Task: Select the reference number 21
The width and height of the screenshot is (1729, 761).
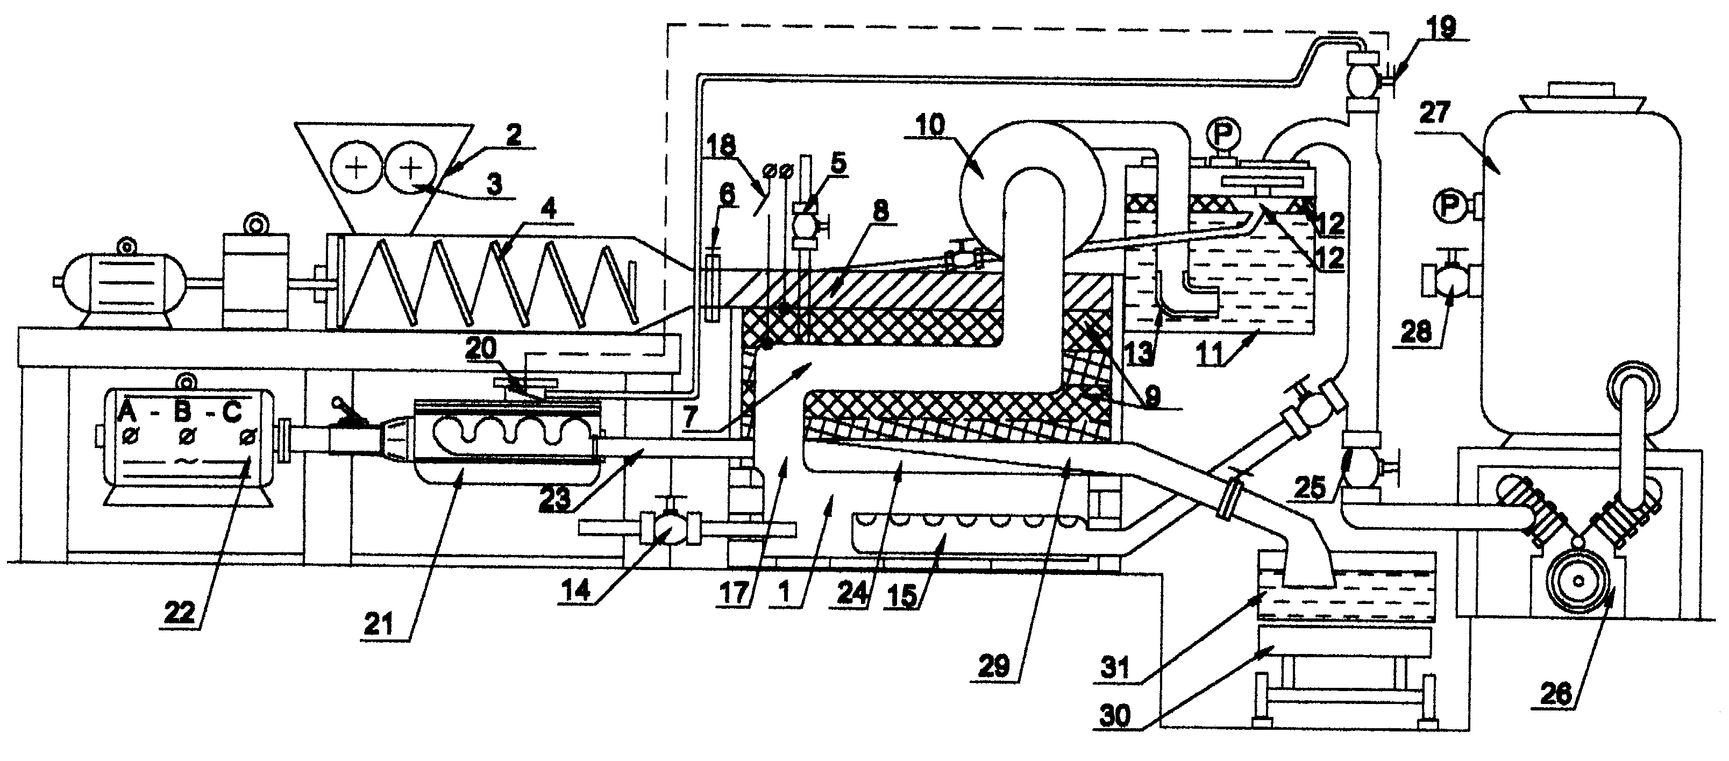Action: coord(379,624)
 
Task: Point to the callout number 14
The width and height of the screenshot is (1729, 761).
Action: coord(577,590)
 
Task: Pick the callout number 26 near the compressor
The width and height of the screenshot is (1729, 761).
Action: coord(1556,693)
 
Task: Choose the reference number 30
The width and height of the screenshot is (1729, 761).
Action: coord(1115,716)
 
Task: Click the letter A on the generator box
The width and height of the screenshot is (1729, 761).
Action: coord(127,411)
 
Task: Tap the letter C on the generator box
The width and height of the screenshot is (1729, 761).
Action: coord(232,411)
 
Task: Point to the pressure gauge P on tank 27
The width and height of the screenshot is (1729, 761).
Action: coord(1450,207)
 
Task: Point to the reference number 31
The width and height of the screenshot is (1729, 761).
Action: coord(1115,668)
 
